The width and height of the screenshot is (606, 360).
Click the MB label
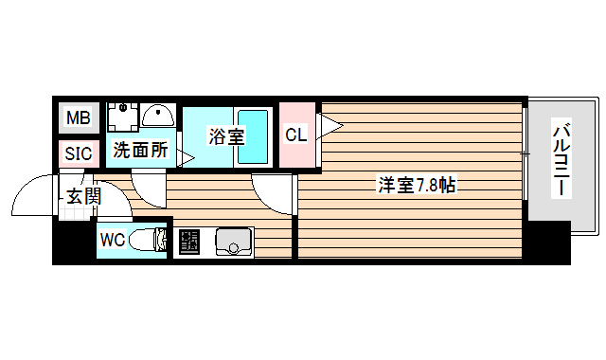pyautogui.click(x=78, y=120)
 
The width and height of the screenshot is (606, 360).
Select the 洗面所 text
pyautogui.click(x=140, y=149)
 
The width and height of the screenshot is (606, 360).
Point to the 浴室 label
pyautogui.click(x=226, y=136)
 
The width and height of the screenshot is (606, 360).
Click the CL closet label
pyautogui.click(x=296, y=135)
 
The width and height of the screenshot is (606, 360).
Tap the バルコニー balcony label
pyautogui.click(x=561, y=158)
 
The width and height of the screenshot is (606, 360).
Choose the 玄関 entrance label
pyautogui.click(x=83, y=196)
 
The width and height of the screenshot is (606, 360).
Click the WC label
pyautogui.click(x=113, y=240)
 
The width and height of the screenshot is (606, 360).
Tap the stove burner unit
pyautogui.click(x=188, y=243)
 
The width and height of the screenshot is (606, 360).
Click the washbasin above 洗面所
pyautogui.click(x=159, y=117)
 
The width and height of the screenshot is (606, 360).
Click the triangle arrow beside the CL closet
pyautogui.click(x=330, y=125)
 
